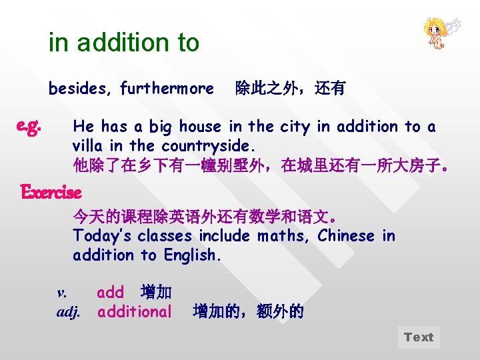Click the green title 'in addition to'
pyautogui.click(x=124, y=43)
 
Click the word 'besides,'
pyautogui.click(x=80, y=88)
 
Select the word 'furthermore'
pyautogui.click(x=167, y=88)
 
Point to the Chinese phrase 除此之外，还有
pyautogui.click(x=290, y=88)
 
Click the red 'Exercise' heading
pyautogui.click(x=51, y=193)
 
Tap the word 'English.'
pyautogui.click(x=191, y=255)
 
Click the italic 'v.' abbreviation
pyautogui.click(x=62, y=293)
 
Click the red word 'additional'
pyautogui.click(x=135, y=311)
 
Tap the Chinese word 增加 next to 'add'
pyautogui.click(x=157, y=293)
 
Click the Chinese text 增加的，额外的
pyautogui.click(x=248, y=311)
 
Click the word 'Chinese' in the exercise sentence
pyautogui.click(x=346, y=236)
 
